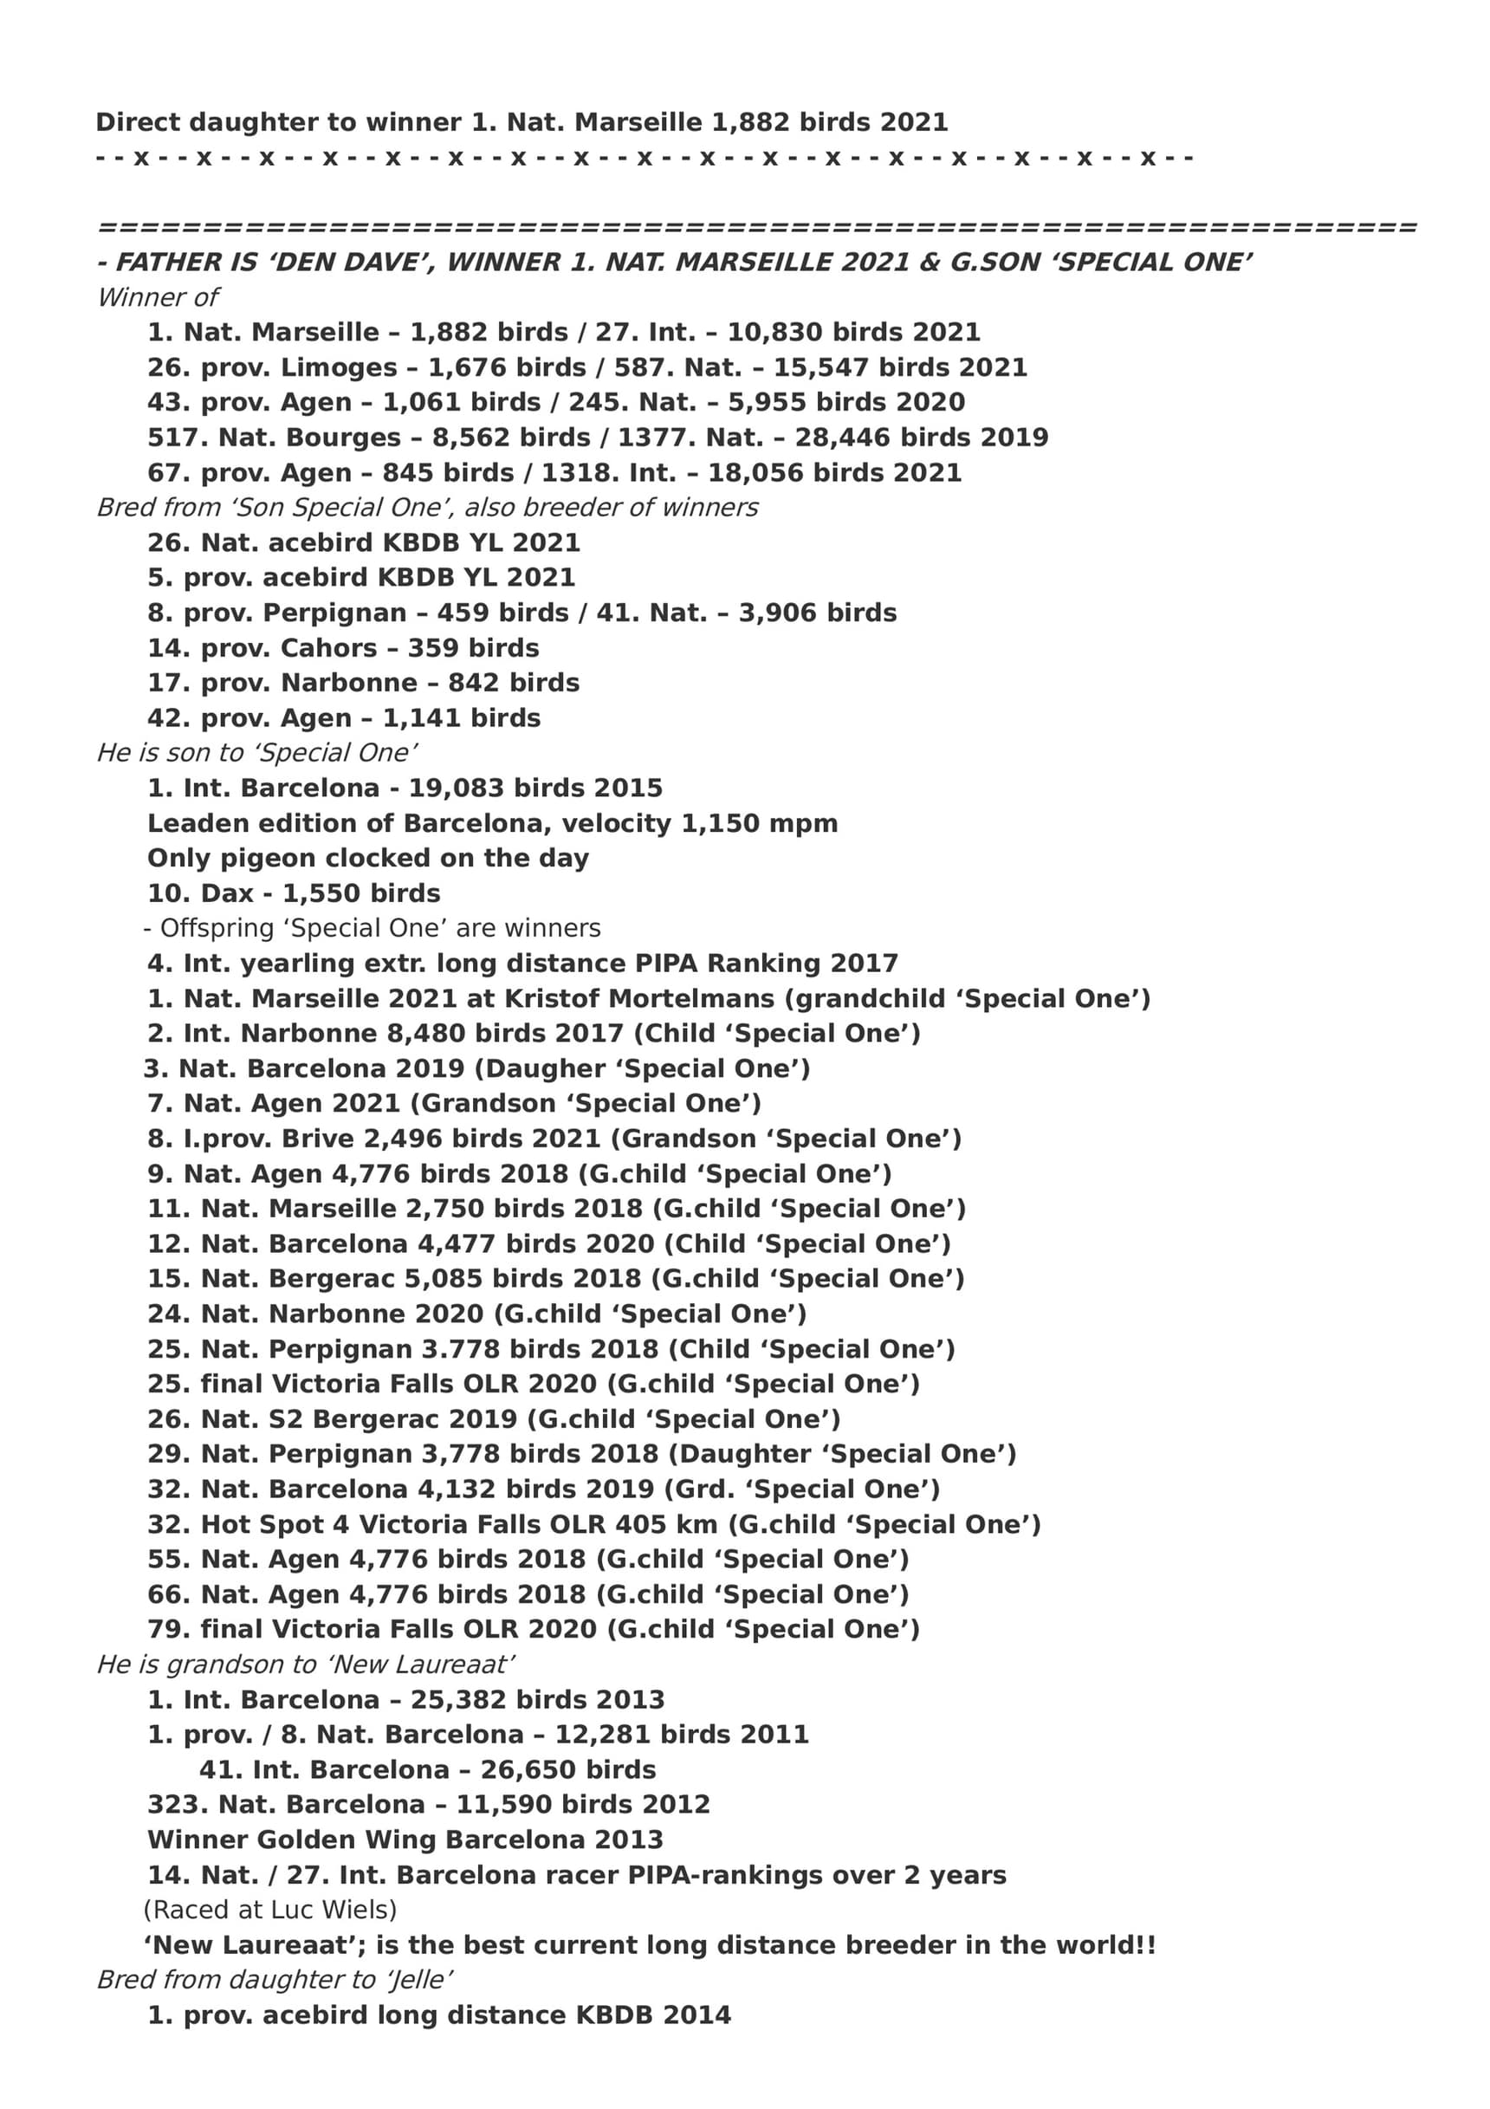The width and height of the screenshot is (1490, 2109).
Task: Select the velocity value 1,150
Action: click(721, 823)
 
